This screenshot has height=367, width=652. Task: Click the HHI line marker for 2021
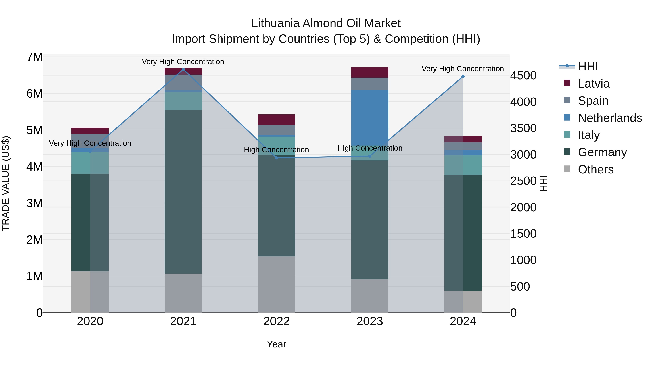(183, 69)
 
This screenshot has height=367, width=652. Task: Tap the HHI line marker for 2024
(463, 76)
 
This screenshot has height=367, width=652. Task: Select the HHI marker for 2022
(276, 158)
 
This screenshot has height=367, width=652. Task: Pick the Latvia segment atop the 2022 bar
(276, 120)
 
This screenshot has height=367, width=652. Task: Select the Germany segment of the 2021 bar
(183, 192)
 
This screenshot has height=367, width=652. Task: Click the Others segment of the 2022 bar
(276, 284)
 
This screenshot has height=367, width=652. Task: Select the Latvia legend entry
(594, 84)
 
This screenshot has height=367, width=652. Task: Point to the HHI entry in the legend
(588, 66)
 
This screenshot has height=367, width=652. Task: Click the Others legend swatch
(567, 169)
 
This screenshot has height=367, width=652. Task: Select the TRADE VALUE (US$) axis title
(6, 183)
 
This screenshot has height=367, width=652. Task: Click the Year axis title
(276, 344)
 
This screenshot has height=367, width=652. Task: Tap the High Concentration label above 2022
(276, 150)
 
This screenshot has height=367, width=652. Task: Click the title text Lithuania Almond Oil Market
(326, 23)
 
